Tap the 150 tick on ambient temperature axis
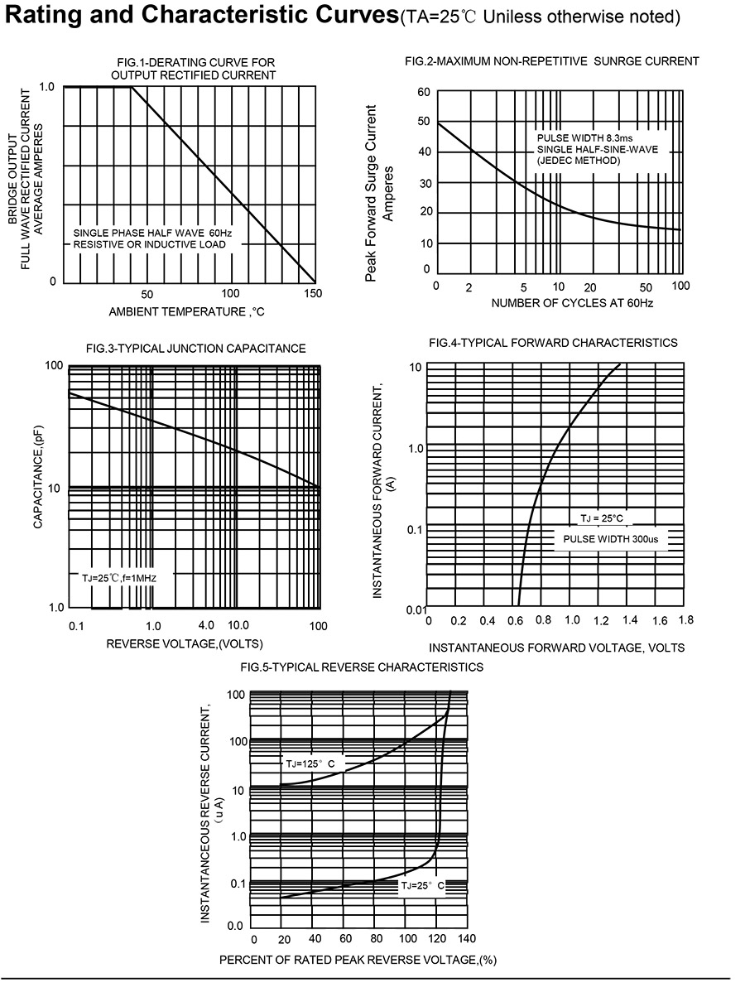pos(312,294)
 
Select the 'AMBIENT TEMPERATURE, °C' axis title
pos(186,311)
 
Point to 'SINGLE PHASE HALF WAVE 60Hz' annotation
pos(153,233)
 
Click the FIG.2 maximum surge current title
pos(552,61)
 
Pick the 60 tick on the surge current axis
pos(424,92)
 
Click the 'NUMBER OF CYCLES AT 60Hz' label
pos(572,303)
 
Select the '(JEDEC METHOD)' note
pos(578,161)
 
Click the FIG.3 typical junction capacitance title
pos(195,349)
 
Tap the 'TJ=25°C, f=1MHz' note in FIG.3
pos(118,577)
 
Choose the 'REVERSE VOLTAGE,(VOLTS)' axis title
pos(185,643)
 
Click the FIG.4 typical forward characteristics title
pos(553,343)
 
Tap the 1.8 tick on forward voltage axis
pos(685,620)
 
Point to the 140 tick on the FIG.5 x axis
pos(467,939)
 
